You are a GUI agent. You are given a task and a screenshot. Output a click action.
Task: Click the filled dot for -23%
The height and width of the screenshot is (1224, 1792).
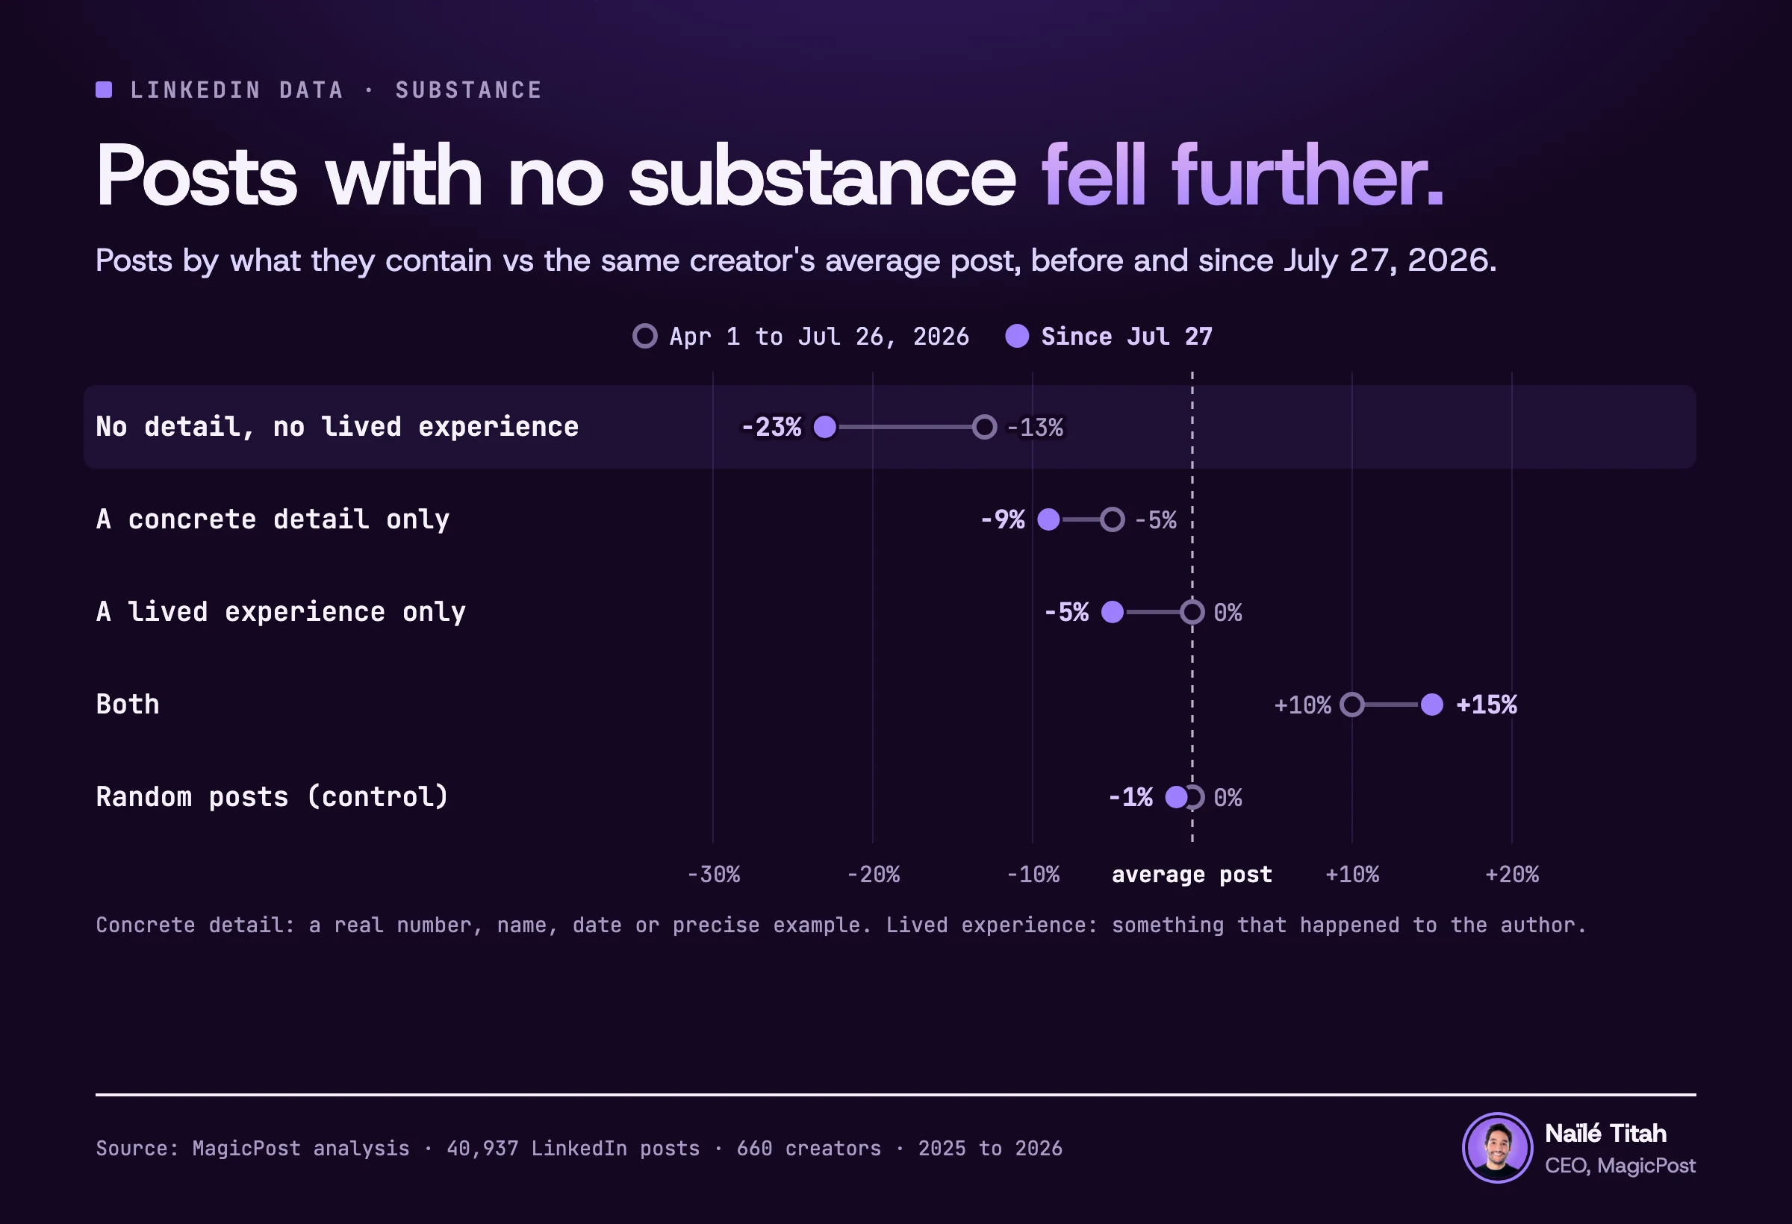(x=825, y=427)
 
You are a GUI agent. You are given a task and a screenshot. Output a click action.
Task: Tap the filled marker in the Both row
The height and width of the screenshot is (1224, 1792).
(x=1432, y=705)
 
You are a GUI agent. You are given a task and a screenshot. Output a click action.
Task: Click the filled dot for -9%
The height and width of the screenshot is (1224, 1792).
(x=1048, y=519)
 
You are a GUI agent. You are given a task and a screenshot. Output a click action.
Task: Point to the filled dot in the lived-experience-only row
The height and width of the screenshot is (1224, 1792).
(x=1113, y=612)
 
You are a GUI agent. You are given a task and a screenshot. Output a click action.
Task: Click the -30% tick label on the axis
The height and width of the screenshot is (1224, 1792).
(x=713, y=875)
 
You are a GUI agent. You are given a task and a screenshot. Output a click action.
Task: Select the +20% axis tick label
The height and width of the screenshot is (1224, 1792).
(x=1512, y=875)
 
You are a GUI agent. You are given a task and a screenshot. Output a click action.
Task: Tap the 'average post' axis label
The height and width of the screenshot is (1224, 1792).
(x=1192, y=875)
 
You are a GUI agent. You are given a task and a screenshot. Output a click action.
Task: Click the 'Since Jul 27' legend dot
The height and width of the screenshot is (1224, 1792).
(x=1017, y=336)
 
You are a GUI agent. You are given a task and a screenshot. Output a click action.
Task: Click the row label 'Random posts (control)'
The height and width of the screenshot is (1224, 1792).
(x=273, y=797)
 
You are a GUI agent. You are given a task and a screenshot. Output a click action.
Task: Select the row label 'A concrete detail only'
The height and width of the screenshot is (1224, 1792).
(x=273, y=519)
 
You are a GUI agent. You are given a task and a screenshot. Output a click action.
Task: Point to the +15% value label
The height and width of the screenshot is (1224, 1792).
(x=1487, y=705)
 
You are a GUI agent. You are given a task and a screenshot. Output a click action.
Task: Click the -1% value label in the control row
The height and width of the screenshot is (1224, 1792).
(x=1130, y=797)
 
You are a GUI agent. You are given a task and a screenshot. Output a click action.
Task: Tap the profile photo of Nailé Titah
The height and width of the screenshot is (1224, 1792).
(x=1498, y=1148)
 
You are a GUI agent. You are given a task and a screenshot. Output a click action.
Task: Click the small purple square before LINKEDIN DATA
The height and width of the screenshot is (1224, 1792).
(x=104, y=90)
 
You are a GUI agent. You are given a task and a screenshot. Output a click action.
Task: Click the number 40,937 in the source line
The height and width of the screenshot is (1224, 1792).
(x=482, y=1149)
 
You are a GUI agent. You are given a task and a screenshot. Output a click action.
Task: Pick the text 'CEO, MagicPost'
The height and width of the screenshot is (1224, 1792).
(x=1620, y=1166)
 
